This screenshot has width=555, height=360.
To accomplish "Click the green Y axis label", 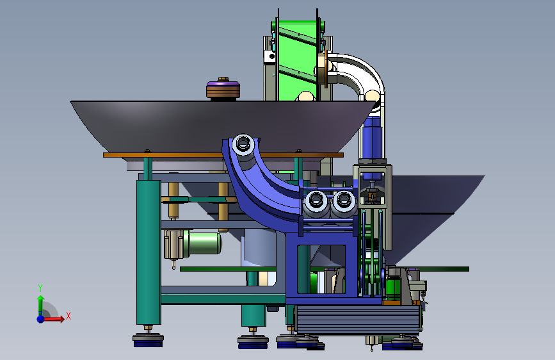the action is [x=40, y=288].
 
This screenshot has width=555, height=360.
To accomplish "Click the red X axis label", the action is [x=68, y=316].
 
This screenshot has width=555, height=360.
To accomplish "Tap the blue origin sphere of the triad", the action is [x=41, y=319].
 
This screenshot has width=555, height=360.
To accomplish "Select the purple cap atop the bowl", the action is [x=223, y=85].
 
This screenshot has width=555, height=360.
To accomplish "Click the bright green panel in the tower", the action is [x=296, y=60].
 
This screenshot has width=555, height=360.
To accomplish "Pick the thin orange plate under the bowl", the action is [x=223, y=155].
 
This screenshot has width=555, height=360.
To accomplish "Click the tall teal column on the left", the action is [x=149, y=252].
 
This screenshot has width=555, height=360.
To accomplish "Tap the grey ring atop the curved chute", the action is [x=243, y=143].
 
